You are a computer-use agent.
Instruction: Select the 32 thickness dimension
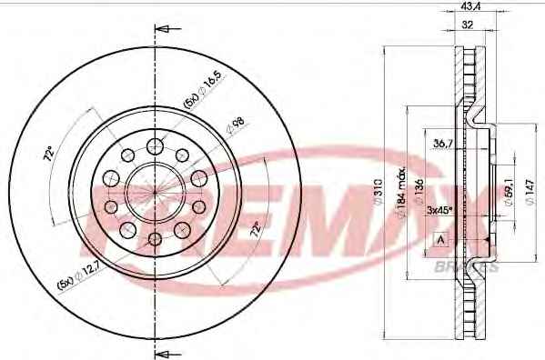tap(468, 25)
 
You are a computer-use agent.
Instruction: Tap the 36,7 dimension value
tap(442, 143)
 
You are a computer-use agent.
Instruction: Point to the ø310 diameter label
tap(378, 191)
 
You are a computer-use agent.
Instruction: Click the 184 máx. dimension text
tap(401, 192)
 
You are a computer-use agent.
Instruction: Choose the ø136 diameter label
tap(419, 192)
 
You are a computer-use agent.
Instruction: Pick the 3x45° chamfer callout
tap(439, 209)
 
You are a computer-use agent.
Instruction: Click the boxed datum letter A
tap(441, 240)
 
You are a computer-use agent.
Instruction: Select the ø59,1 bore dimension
tap(509, 193)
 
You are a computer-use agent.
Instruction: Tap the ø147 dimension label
tap(530, 192)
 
